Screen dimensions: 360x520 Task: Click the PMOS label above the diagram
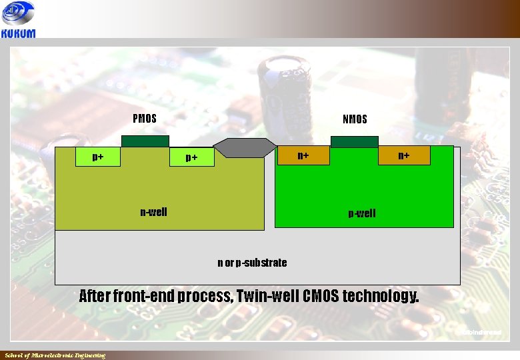point(145,119)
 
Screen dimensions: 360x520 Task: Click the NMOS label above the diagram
point(355,119)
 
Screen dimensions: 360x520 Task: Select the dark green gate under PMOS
point(145,141)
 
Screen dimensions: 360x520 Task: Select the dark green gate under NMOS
point(354,141)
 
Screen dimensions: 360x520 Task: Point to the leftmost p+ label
point(97,157)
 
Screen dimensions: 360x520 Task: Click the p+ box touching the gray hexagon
point(191,157)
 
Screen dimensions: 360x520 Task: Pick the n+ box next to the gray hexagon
point(303,155)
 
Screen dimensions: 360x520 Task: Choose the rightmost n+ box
point(404,155)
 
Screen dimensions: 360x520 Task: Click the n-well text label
point(153,212)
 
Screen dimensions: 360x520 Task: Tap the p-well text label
point(362,213)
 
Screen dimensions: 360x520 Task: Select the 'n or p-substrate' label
point(252,263)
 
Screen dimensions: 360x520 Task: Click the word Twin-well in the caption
point(267,295)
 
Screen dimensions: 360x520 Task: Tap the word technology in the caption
point(381,295)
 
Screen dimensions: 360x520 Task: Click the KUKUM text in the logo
point(19,33)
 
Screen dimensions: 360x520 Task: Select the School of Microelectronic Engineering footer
point(55,355)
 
